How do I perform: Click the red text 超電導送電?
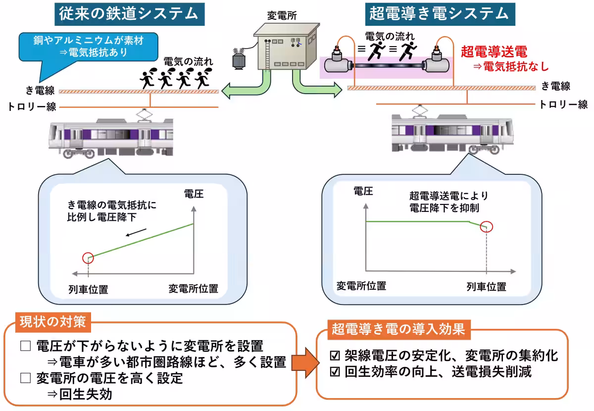point(494,51)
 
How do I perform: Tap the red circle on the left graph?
point(88,257)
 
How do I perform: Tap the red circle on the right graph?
point(487,227)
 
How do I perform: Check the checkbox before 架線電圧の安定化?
point(335,356)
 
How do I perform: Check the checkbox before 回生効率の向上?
point(335,372)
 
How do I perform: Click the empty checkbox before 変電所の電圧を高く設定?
point(25,379)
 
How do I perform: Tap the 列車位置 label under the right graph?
point(487,287)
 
